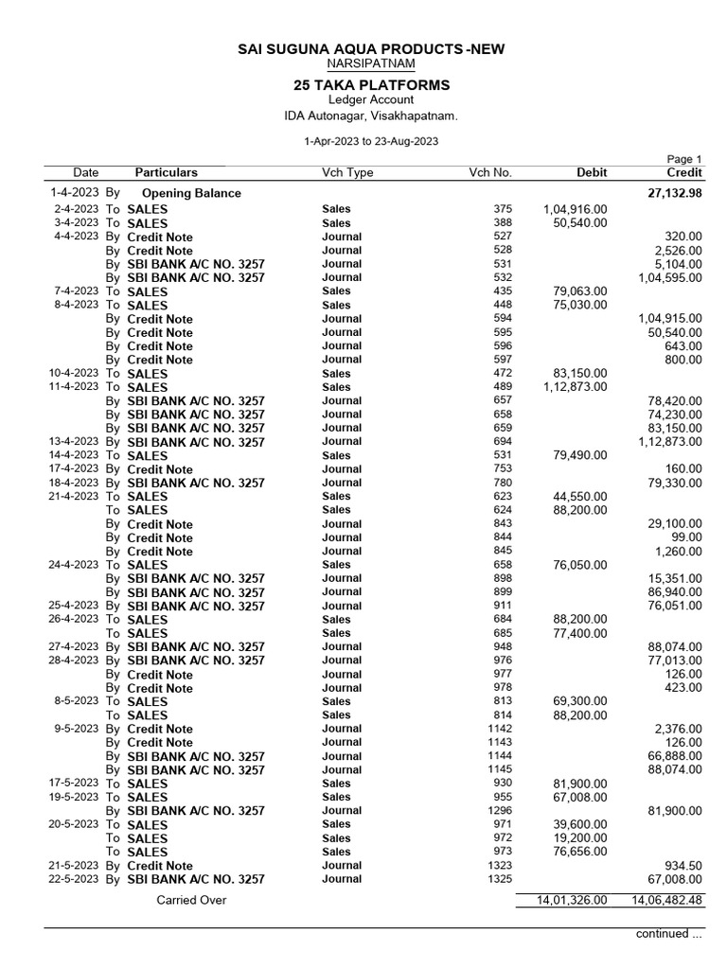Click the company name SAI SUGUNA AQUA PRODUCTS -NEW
point(371,48)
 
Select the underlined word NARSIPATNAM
point(370,63)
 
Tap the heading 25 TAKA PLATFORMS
point(371,85)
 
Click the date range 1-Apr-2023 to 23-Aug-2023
point(370,140)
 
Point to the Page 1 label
point(685,159)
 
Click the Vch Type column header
point(347,172)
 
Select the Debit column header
point(592,172)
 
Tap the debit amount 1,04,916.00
point(575,209)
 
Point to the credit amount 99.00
point(686,537)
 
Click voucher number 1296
point(498,811)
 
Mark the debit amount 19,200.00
point(578,838)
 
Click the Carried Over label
point(191,901)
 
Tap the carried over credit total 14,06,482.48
point(664,901)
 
